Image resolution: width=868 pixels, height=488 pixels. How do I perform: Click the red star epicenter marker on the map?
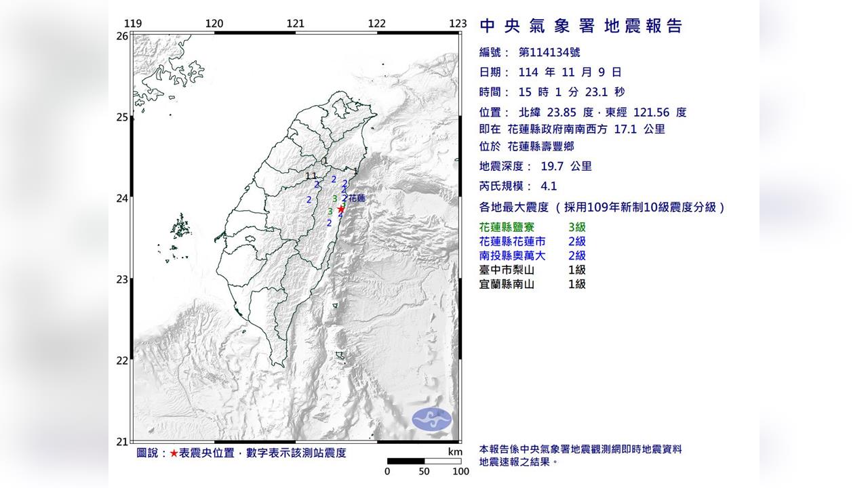(x=340, y=209)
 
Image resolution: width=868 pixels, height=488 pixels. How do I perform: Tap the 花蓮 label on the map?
(x=357, y=199)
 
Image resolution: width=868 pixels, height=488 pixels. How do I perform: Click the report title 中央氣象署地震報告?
(x=580, y=26)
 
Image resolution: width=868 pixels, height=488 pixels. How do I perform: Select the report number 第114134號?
(x=549, y=52)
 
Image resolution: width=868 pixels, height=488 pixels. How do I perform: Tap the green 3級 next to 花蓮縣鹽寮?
(x=576, y=228)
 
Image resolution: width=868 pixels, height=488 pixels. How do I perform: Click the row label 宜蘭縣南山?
(x=507, y=284)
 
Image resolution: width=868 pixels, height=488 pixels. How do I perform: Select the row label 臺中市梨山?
(x=507, y=270)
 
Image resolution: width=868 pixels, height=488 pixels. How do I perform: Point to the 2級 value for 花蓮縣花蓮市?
(x=576, y=242)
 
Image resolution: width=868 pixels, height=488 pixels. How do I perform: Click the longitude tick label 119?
(x=133, y=24)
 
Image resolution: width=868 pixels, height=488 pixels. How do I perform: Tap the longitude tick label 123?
(x=458, y=24)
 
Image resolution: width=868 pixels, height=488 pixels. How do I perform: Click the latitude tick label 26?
(x=122, y=36)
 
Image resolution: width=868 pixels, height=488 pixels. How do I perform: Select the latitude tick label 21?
(x=122, y=442)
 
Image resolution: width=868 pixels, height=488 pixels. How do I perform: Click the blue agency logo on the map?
(x=432, y=419)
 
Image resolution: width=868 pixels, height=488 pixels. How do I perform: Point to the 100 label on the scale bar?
(x=460, y=472)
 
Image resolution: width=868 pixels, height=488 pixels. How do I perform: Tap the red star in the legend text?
(x=174, y=453)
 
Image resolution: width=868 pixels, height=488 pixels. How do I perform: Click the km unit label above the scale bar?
(x=455, y=452)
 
